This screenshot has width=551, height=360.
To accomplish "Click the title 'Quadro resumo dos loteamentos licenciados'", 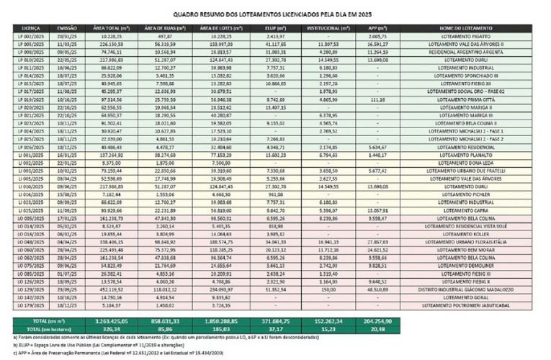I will tap(275, 13).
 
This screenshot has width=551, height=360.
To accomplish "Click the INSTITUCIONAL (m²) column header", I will tap(324, 27).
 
